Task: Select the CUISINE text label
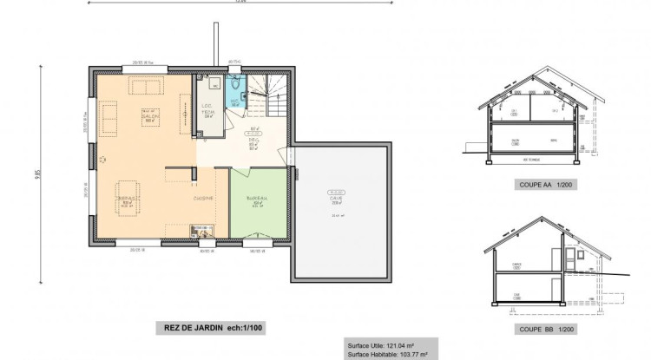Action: click(x=205, y=199)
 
